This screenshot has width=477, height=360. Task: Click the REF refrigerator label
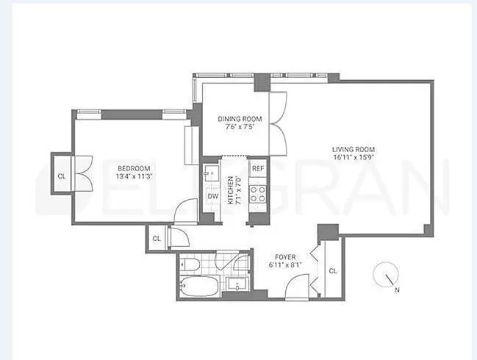coord(257,168)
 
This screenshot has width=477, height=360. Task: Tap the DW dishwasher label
coord(212,196)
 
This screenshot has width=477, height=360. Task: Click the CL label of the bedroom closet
coord(61,176)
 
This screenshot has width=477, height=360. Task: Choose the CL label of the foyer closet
coord(333,271)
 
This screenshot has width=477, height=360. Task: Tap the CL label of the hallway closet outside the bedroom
coord(157,238)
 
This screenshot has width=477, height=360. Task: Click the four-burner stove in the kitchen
coord(258,193)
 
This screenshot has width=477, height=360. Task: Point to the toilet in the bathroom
coord(189,264)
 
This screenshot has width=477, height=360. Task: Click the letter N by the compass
coord(397,289)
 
